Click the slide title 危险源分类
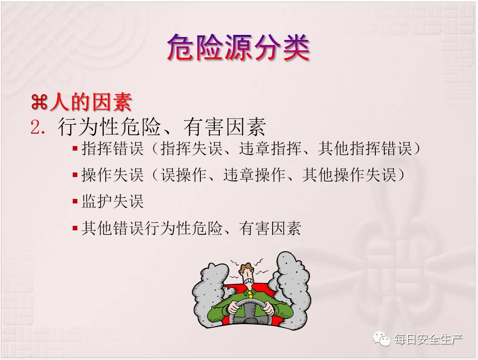(238, 47)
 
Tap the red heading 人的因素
(91, 102)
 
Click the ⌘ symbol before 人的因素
(39, 102)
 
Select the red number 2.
(38, 127)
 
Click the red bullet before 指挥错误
(75, 149)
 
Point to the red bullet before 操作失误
(75, 175)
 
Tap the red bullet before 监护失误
(75, 201)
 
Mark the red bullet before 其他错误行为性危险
(75, 228)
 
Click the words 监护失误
(113, 201)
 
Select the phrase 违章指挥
(270, 149)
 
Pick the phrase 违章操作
(255, 175)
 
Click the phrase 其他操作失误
(350, 175)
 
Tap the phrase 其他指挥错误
(365, 149)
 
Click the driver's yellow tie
(250, 294)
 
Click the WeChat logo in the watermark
(381, 339)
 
